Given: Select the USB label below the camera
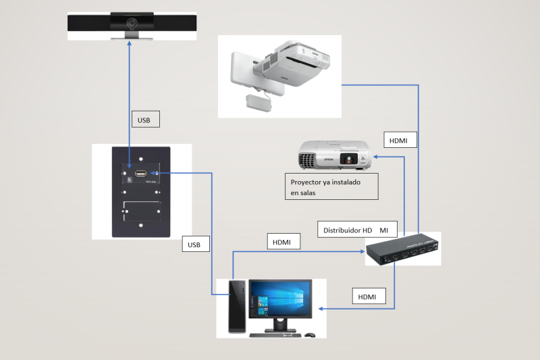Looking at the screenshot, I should (x=144, y=120).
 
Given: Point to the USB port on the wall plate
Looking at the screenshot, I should (x=141, y=175).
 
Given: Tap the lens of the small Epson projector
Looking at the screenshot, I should (x=348, y=160).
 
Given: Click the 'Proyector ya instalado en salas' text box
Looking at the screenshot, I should (x=331, y=187).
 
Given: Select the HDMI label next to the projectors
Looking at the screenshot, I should (x=399, y=140).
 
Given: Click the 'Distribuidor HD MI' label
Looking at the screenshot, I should (x=358, y=230).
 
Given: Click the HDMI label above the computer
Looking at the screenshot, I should (x=283, y=242).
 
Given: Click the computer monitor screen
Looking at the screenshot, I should (x=280, y=298).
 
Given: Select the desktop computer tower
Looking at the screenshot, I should (x=236, y=307).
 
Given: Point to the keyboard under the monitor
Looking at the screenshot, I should (x=274, y=334).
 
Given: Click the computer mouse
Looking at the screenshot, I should (x=310, y=334).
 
